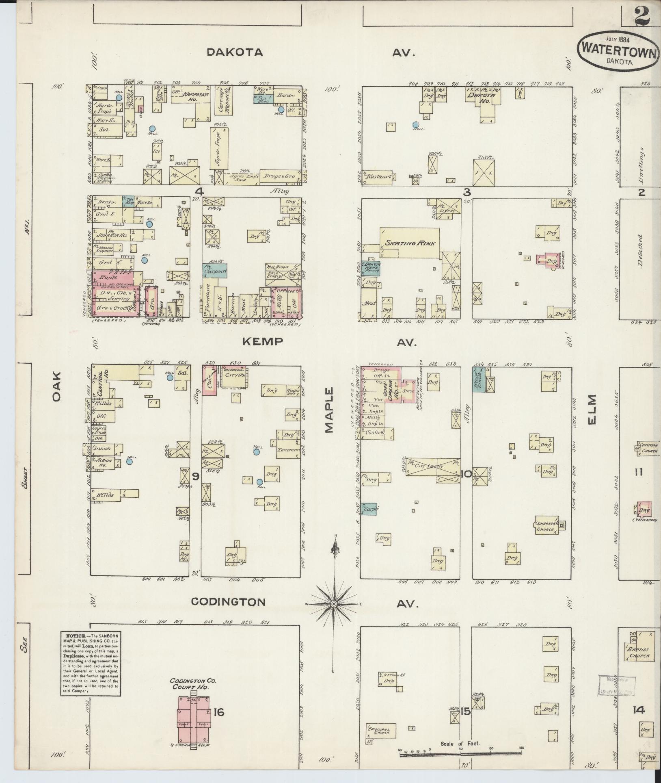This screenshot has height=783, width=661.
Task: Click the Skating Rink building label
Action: pyautogui.click(x=410, y=243)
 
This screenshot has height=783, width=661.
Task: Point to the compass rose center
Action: pyautogui.click(x=333, y=604)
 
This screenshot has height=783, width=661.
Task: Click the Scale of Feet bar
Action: pyautogui.click(x=460, y=755)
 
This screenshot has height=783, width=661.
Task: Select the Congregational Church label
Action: pyautogui.click(x=545, y=527)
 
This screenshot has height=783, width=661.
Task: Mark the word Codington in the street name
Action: pyautogui.click(x=228, y=602)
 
